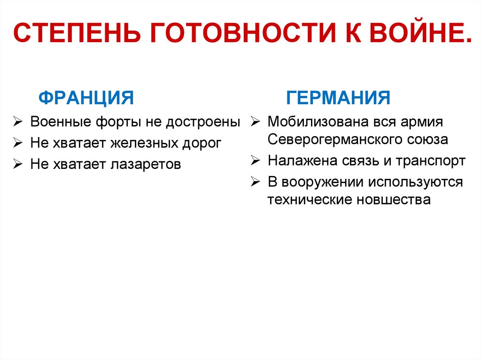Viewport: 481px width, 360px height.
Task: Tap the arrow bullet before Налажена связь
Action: click(x=255, y=161)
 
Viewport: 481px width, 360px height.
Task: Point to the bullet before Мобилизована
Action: click(x=255, y=123)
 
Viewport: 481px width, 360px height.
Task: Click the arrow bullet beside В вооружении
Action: click(x=255, y=182)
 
